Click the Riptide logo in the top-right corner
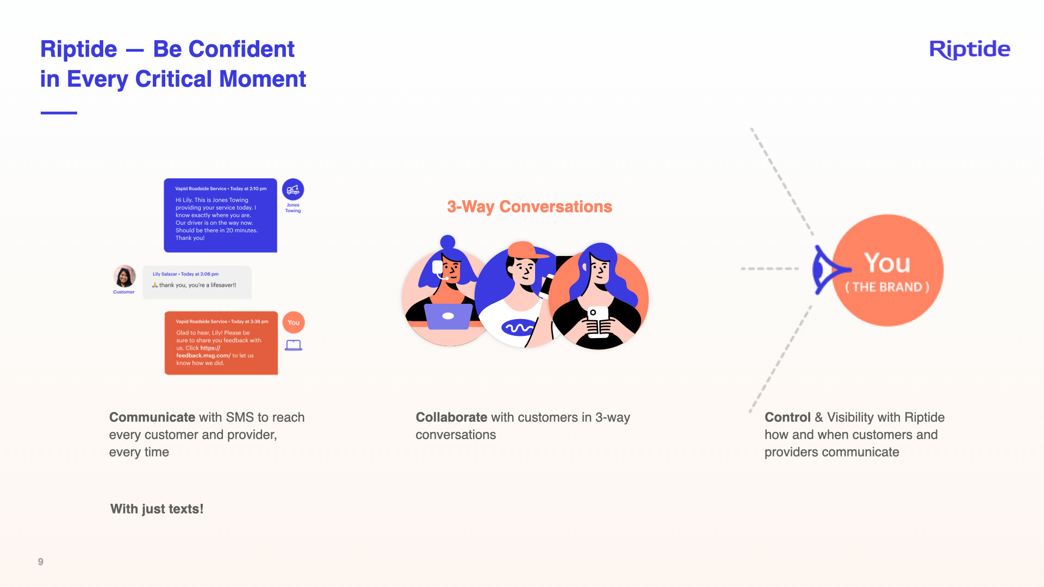tap(970, 49)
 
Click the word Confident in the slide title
tap(223, 49)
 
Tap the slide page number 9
tap(41, 561)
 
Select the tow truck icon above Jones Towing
tap(293, 190)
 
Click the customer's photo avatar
tap(125, 276)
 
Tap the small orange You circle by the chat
tap(294, 322)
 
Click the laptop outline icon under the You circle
tap(294, 345)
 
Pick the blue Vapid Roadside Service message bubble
tap(220, 215)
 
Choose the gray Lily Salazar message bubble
tap(197, 282)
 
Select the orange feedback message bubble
tap(221, 343)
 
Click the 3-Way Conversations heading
tap(529, 207)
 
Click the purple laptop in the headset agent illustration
tap(448, 316)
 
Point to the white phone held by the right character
tap(598, 321)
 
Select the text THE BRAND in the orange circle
tap(887, 287)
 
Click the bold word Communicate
tap(152, 417)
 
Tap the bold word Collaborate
tap(451, 417)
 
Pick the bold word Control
tap(787, 417)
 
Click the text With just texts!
tap(157, 509)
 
